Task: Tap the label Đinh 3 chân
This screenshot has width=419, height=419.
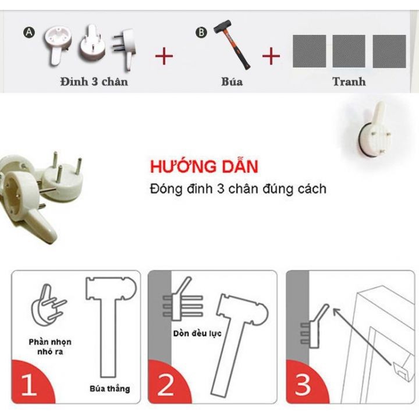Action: click(x=93, y=81)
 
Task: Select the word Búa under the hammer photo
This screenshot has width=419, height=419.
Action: click(x=232, y=81)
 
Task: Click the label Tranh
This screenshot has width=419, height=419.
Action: click(x=349, y=81)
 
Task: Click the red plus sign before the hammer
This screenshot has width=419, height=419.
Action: click(x=165, y=56)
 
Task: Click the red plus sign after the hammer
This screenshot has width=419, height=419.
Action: click(x=271, y=56)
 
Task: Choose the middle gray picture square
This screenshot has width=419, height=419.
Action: click(x=349, y=51)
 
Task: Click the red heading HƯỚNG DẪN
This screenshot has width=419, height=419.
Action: click(x=204, y=167)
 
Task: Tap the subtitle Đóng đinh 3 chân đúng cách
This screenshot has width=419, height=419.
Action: click(x=237, y=189)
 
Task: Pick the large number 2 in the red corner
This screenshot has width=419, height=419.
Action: click(x=166, y=384)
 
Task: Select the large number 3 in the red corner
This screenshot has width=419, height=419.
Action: click(x=304, y=384)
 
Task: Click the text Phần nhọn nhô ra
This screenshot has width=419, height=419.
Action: click(x=50, y=347)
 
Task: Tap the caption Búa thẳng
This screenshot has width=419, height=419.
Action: click(x=110, y=388)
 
